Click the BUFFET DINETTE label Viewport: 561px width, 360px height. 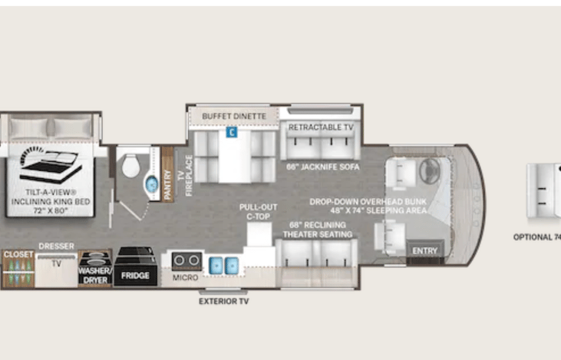pos(234,116)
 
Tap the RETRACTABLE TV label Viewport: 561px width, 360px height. pos(321,126)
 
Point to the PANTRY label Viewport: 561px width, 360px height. pos(168,185)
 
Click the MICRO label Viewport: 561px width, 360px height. pos(186,276)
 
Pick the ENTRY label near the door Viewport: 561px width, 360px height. pos(424,251)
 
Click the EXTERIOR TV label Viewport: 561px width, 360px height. pos(223,301)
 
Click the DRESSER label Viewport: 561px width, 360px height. pos(56,246)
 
